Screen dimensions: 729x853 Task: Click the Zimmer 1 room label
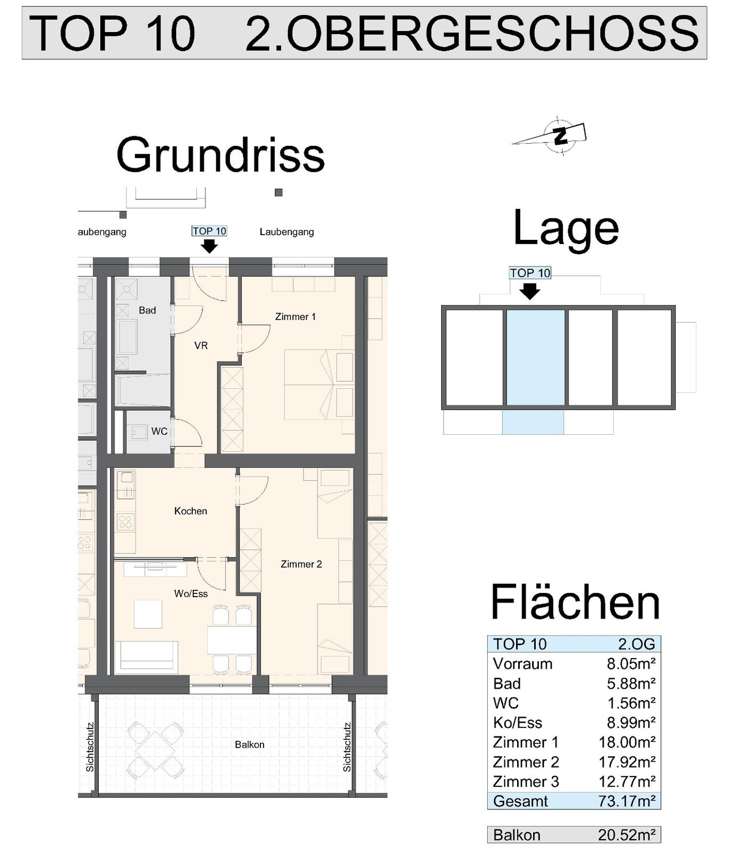(x=295, y=317)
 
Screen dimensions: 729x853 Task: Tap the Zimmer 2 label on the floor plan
(x=301, y=564)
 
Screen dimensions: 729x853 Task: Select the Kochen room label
(x=191, y=511)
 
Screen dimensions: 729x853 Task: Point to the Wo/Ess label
(x=191, y=593)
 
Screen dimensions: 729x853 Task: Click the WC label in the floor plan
(x=159, y=432)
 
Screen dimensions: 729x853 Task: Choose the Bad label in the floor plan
(x=147, y=310)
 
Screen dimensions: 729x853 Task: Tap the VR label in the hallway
(x=201, y=346)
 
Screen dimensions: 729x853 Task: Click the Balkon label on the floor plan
(x=249, y=745)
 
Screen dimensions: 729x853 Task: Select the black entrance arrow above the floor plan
(x=209, y=246)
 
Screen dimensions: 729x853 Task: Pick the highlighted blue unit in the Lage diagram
(x=535, y=357)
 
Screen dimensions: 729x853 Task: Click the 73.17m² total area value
(x=627, y=801)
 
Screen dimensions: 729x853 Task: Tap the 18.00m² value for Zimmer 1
(x=627, y=742)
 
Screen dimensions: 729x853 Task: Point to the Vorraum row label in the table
(x=522, y=664)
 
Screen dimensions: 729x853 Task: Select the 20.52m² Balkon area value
(x=627, y=835)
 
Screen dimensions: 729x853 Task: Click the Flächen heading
(x=575, y=602)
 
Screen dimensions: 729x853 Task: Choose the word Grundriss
(x=220, y=155)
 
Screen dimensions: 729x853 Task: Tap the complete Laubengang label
(x=287, y=232)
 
